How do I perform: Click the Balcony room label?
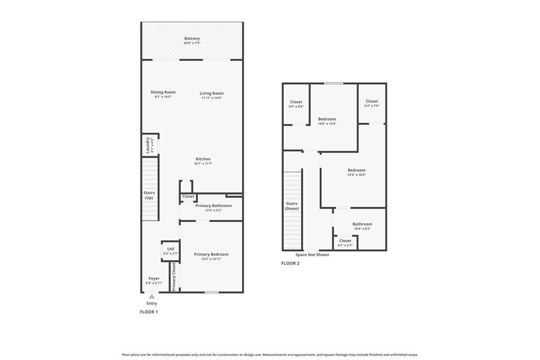coord(192,38)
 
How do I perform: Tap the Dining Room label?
coord(163,92)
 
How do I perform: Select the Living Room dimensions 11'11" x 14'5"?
coord(211,98)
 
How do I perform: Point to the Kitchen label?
coord(203,159)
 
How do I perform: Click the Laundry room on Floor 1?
coord(149,145)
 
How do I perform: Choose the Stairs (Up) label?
coord(149,195)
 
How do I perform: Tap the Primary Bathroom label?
coord(213,206)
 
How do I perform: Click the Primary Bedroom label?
coord(211,254)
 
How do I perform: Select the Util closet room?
coord(170,251)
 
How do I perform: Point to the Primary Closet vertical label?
coord(174,277)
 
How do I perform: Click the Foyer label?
coord(153,278)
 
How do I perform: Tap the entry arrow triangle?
coord(152,297)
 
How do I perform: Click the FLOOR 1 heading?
coord(149,312)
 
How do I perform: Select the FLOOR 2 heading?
coord(290,264)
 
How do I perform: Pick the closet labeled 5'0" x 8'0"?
coord(296,104)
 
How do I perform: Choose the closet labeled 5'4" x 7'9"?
coord(372,103)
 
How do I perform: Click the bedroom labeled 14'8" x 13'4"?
coord(327,121)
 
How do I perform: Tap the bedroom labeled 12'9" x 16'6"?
coord(356,172)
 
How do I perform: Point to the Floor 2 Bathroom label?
coord(362,224)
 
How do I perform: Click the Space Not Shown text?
coord(312,255)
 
